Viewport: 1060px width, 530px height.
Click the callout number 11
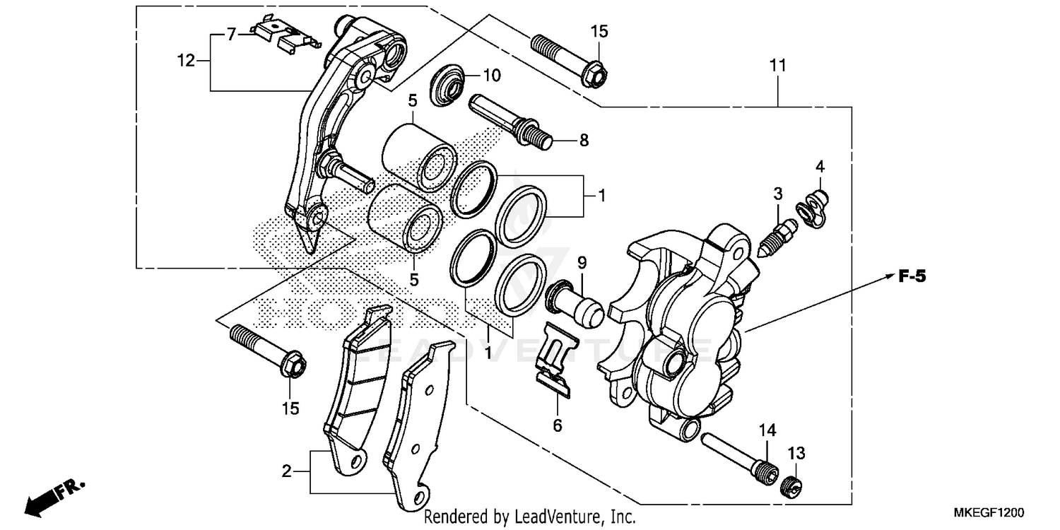[x=777, y=66]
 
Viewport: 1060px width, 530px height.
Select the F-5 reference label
[x=912, y=278]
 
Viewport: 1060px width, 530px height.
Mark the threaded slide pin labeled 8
[x=509, y=120]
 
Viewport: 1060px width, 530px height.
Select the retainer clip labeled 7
[x=283, y=35]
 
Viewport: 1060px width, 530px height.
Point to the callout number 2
[x=286, y=471]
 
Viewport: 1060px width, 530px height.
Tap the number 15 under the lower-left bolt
[x=290, y=408]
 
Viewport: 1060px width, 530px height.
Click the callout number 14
[x=767, y=430]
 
